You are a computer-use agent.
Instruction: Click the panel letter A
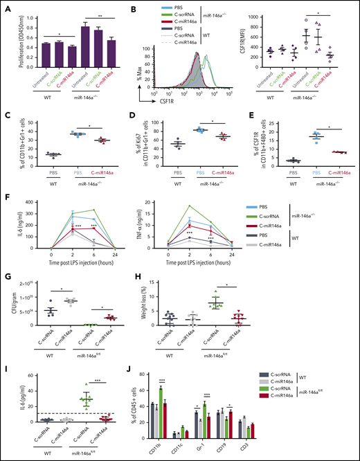click(x=5, y=6)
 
